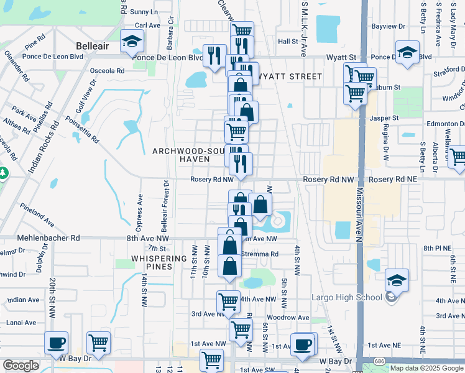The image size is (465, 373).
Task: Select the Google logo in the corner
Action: tap(21, 366)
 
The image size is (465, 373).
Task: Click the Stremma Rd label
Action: tap(260, 254)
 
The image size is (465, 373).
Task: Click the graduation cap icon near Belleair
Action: tap(131, 41)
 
